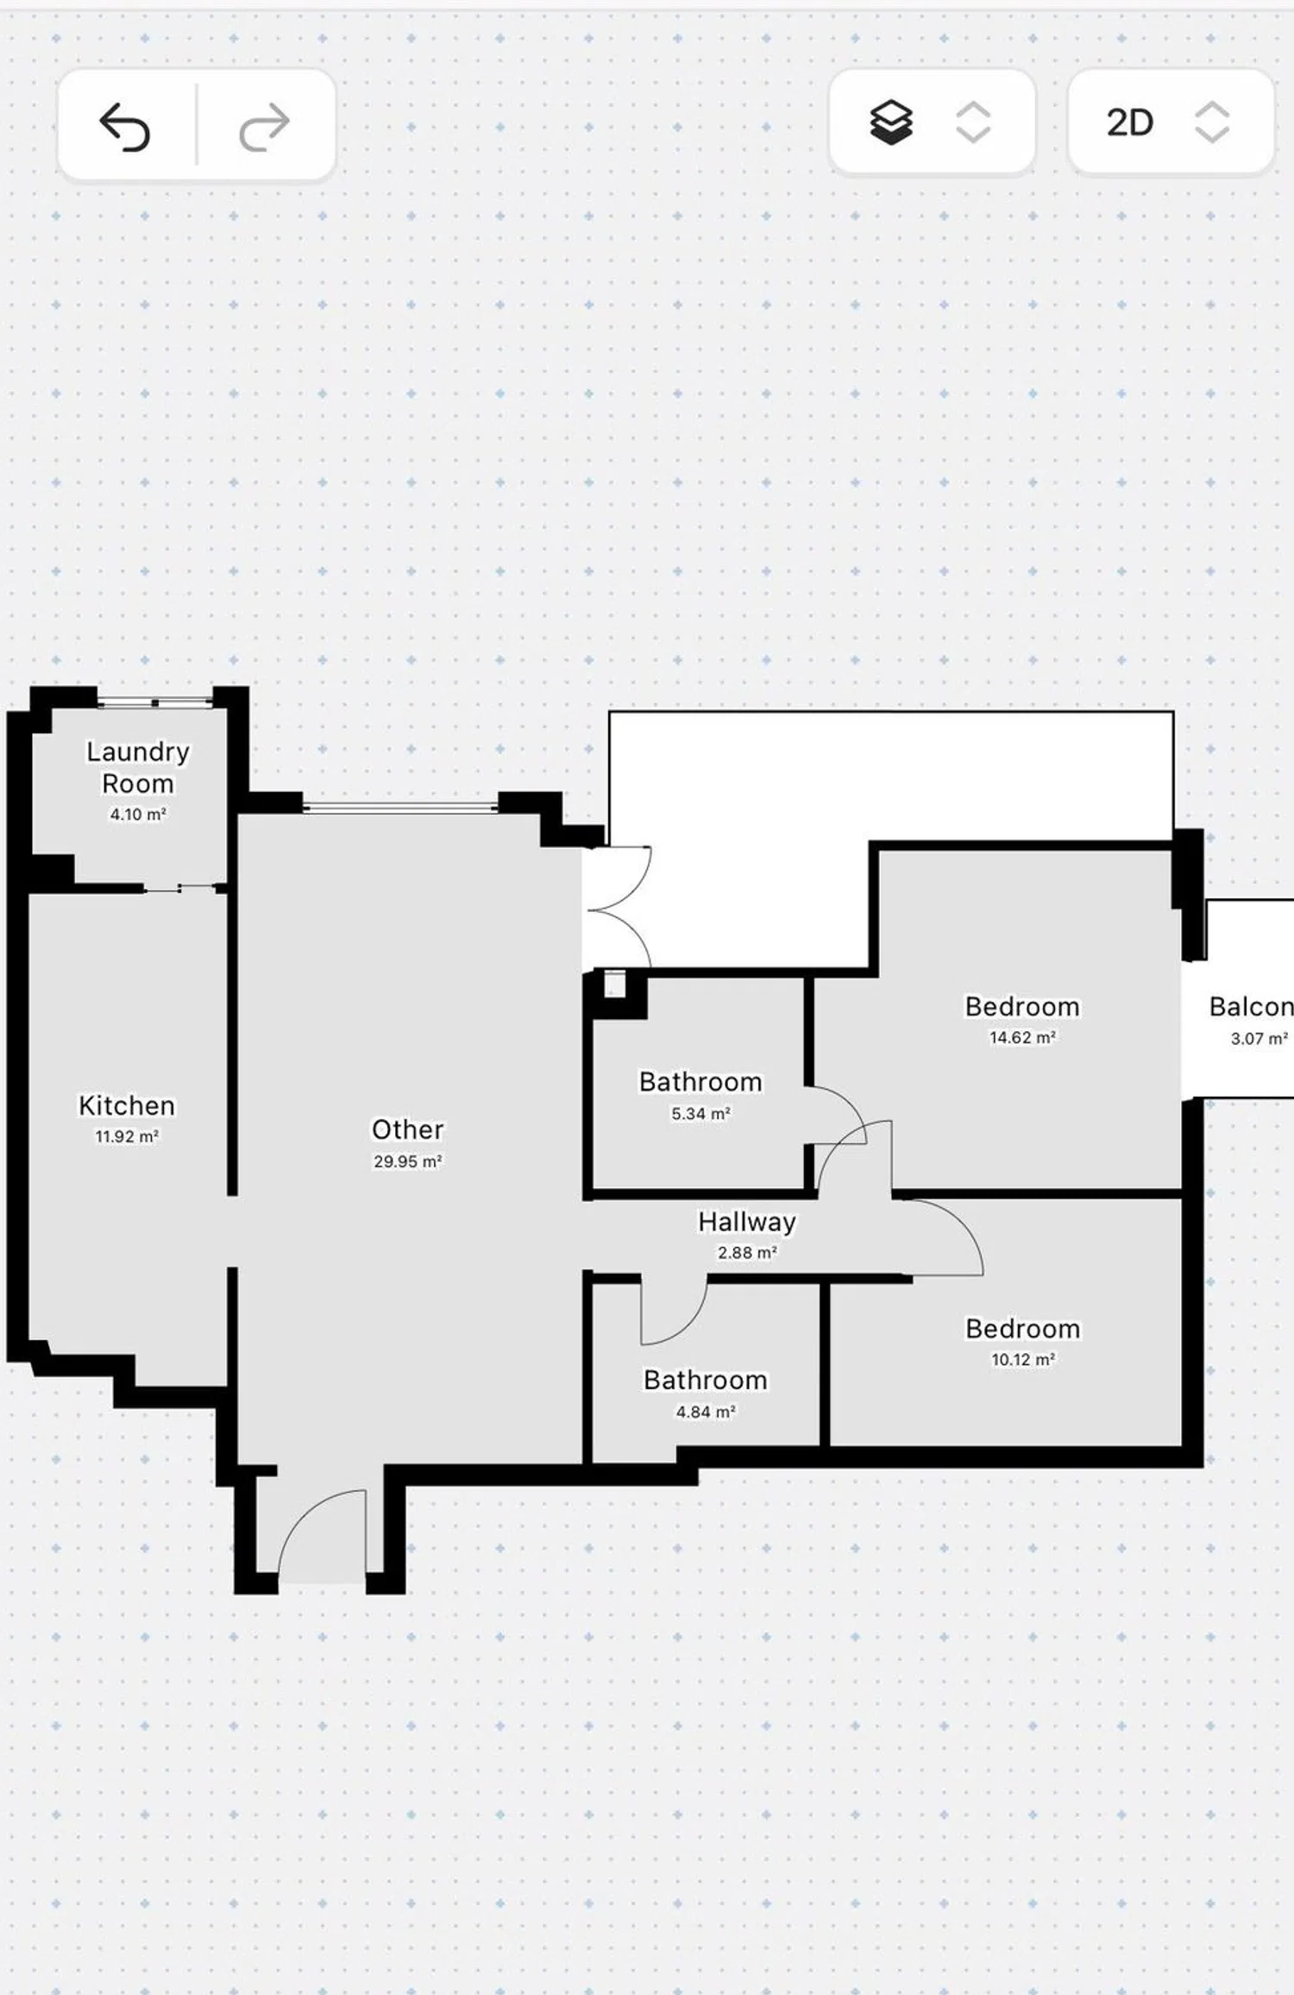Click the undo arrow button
(x=125, y=126)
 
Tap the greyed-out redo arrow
(x=264, y=126)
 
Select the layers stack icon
(x=890, y=123)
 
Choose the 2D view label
(x=1129, y=123)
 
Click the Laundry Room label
(x=138, y=767)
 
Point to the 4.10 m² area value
(x=138, y=815)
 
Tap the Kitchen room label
(x=127, y=1105)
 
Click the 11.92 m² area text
(x=127, y=1136)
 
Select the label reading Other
(x=407, y=1130)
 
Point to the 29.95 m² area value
(x=407, y=1161)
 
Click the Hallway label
(x=747, y=1222)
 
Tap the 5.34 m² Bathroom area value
(x=700, y=1114)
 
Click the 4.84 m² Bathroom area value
(x=706, y=1412)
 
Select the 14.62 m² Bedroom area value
(x=1022, y=1038)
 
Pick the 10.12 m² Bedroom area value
(x=1022, y=1360)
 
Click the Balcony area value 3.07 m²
(x=1259, y=1039)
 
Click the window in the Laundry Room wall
(x=154, y=702)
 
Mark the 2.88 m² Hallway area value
(x=747, y=1253)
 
